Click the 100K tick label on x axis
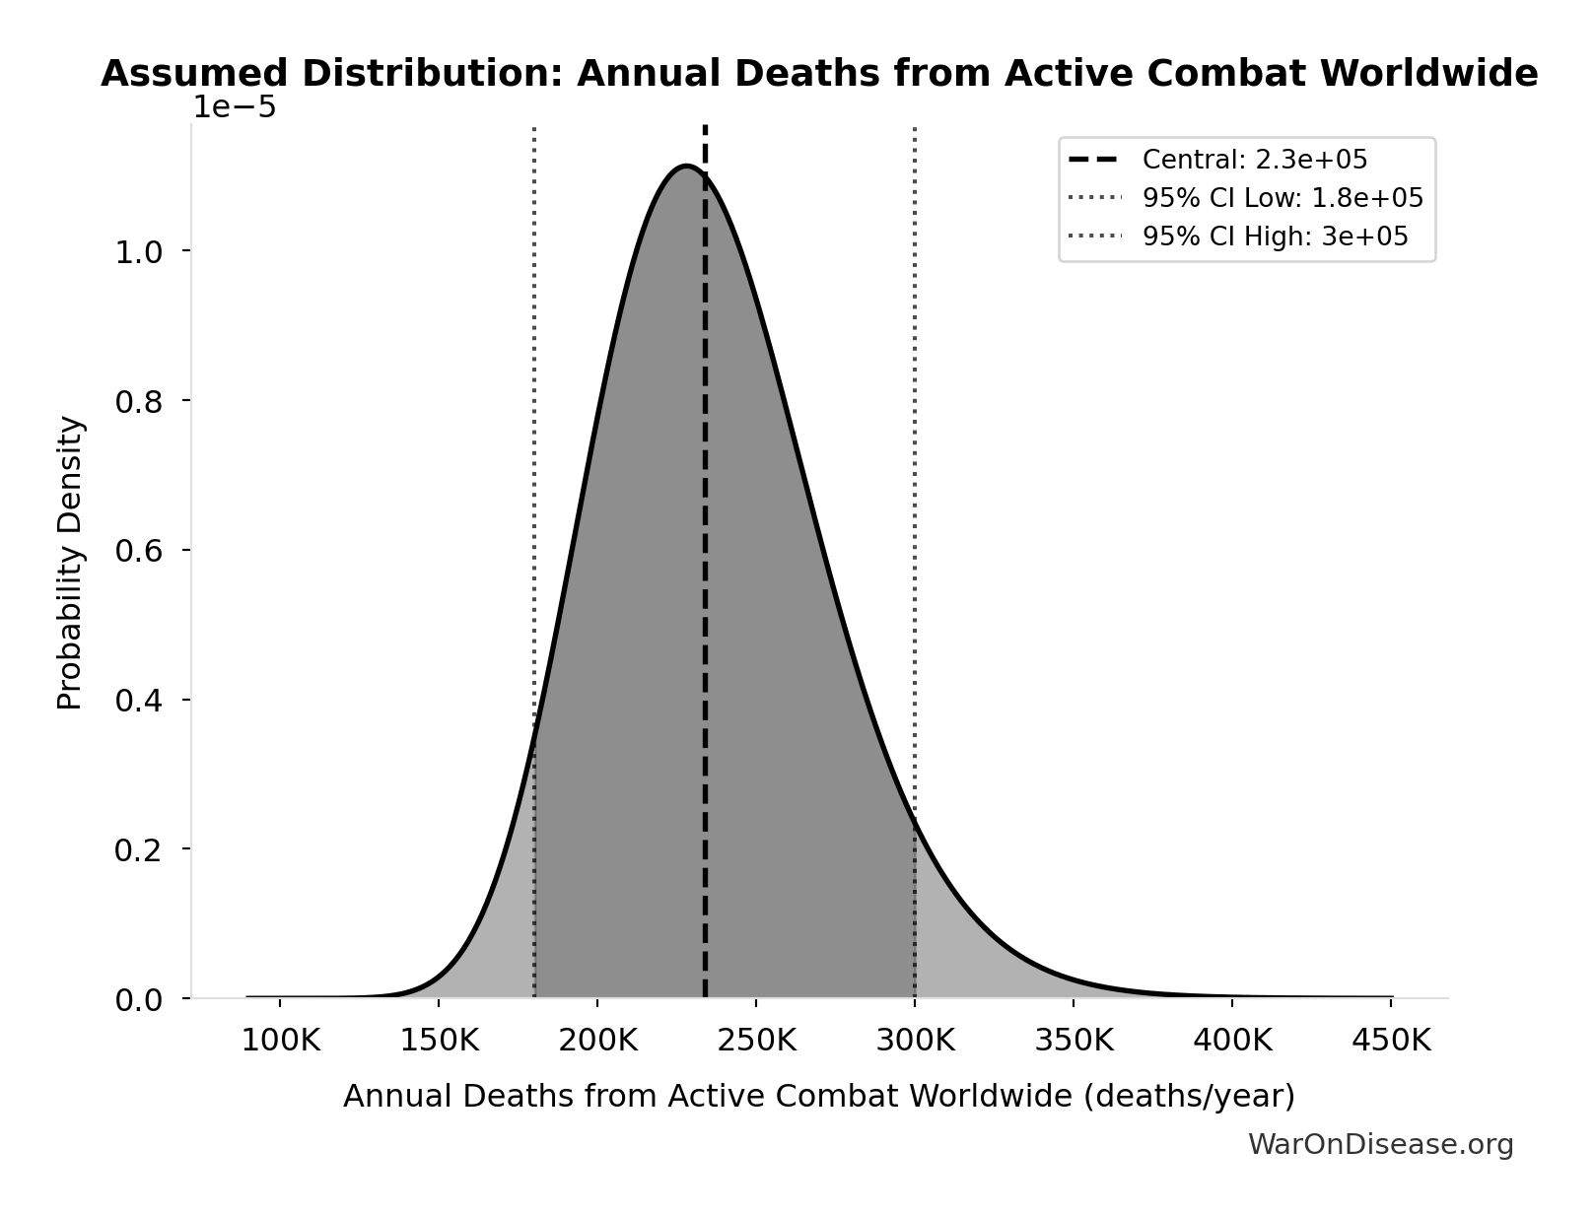(280, 1041)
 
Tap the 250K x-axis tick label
(756, 1041)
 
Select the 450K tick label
(1390, 1041)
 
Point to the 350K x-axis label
(1074, 1041)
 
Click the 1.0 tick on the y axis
(138, 252)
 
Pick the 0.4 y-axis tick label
(138, 701)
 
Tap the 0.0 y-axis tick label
(138, 1000)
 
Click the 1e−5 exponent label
(234, 107)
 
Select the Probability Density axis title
(70, 563)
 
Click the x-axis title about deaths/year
(818, 1097)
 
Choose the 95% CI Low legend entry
(1282, 198)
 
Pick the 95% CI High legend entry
(1275, 236)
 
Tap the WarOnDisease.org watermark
(1380, 1145)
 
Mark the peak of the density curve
(686, 167)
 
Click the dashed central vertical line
(705, 591)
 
